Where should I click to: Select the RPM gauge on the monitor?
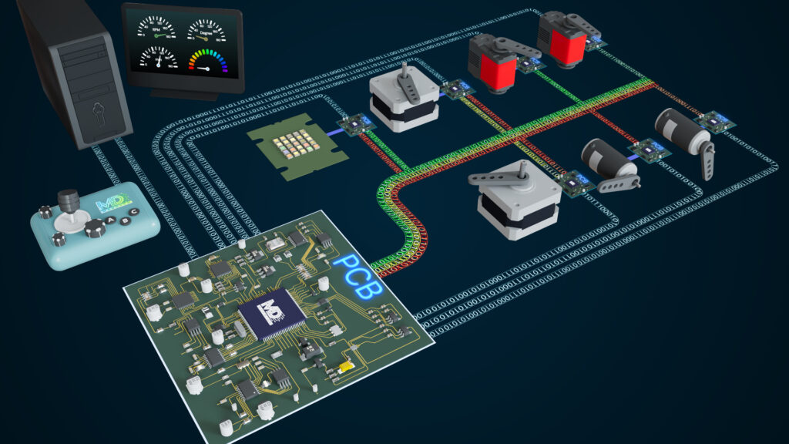click(155, 30)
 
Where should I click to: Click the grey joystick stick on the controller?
click(69, 203)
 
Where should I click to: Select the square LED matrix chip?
click(297, 146)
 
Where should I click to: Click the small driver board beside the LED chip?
click(355, 124)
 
